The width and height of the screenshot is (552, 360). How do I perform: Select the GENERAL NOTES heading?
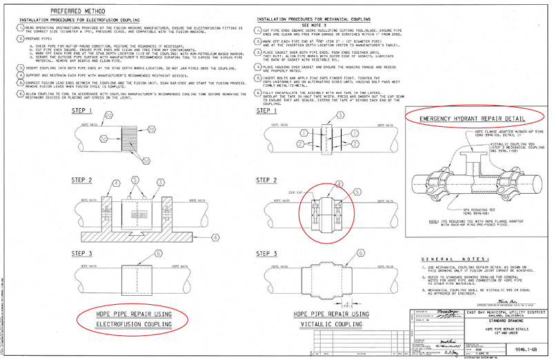(456, 253)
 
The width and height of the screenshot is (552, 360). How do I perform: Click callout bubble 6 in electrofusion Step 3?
(159, 254)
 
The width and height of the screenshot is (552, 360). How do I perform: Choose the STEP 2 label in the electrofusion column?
(83, 181)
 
